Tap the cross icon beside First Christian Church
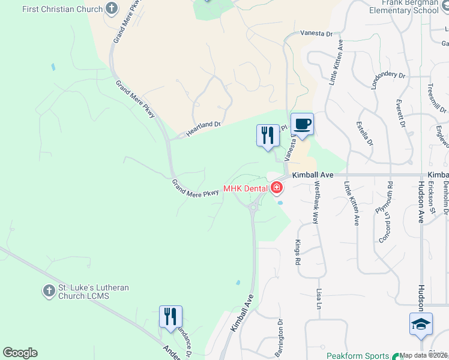click(x=111, y=8)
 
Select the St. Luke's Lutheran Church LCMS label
click(x=93, y=292)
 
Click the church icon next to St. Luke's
click(x=49, y=291)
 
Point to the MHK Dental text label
click(x=245, y=188)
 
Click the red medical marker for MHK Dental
click(x=276, y=188)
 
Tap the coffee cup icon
click(x=302, y=124)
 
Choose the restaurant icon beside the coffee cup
click(x=268, y=134)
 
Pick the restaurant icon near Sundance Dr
click(x=170, y=316)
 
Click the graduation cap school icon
click(x=421, y=323)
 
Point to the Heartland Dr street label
click(x=203, y=128)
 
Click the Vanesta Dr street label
click(x=316, y=34)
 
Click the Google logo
click(x=20, y=353)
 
